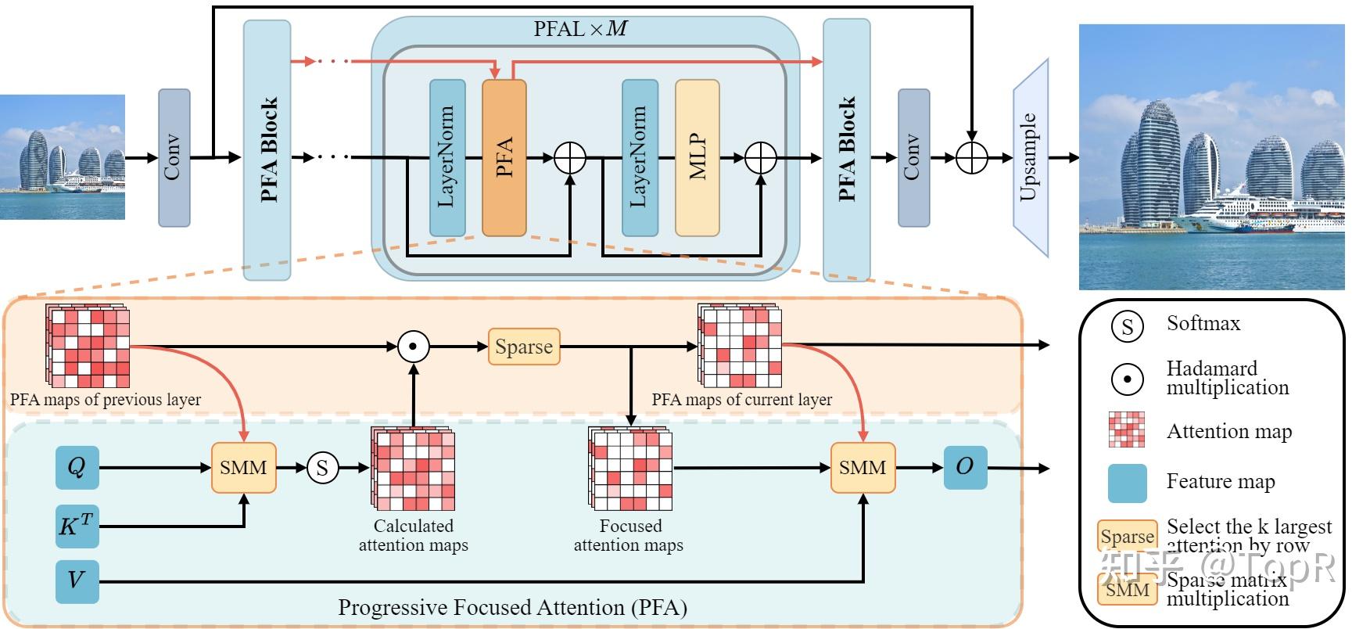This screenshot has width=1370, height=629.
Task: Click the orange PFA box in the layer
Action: click(504, 157)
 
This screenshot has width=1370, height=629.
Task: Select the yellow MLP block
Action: click(697, 157)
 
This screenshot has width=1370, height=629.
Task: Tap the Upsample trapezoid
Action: click(1031, 157)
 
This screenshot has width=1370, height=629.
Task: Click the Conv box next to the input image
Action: click(174, 157)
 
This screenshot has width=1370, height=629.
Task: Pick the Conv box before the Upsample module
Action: click(913, 157)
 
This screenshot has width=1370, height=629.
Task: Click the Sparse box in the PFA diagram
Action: click(524, 347)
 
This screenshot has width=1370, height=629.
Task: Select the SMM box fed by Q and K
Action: click(243, 468)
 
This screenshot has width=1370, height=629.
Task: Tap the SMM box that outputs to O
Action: click(863, 468)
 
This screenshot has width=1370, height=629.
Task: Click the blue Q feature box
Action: click(77, 468)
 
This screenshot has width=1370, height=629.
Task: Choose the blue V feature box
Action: click(77, 580)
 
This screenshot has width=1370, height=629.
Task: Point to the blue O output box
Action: click(965, 467)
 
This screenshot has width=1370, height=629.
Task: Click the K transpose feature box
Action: click(77, 526)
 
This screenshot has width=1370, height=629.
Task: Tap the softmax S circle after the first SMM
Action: click(322, 468)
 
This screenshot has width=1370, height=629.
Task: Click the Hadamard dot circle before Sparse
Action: click(414, 346)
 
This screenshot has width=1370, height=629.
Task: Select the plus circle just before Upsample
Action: click(972, 157)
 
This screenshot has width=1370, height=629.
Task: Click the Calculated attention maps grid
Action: click(414, 469)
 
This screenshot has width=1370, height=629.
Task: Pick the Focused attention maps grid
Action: click(630, 469)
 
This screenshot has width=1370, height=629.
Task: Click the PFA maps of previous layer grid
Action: click(88, 347)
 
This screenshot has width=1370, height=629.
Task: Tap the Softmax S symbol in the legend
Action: click(1127, 325)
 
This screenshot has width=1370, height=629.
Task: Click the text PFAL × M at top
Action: click(580, 29)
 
